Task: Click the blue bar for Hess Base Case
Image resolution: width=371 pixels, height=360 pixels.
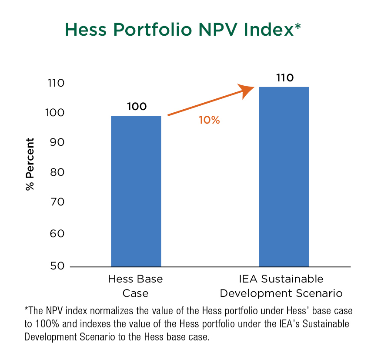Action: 136,191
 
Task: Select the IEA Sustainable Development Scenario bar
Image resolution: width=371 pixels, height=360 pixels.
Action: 284,176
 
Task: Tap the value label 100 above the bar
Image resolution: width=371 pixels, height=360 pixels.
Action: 137,106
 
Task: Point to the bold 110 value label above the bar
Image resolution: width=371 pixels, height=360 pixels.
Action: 285,78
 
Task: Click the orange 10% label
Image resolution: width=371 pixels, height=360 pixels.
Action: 209,120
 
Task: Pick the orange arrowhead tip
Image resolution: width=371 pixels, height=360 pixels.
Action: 254,87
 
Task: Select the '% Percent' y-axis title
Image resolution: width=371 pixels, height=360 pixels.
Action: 30,164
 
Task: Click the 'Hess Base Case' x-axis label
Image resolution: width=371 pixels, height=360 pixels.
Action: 135,286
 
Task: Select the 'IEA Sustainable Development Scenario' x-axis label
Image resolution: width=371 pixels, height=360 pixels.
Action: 281,286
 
